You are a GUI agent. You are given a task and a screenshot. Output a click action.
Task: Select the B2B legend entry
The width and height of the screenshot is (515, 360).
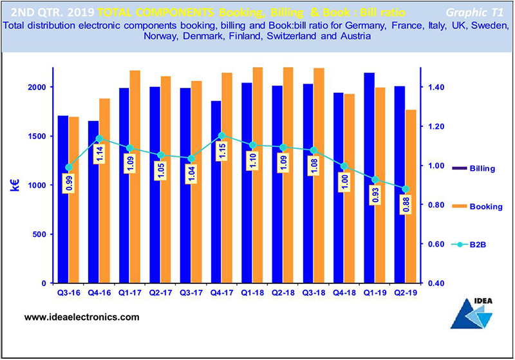476,244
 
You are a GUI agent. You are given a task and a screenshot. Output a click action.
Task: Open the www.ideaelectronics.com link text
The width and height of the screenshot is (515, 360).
82,317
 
